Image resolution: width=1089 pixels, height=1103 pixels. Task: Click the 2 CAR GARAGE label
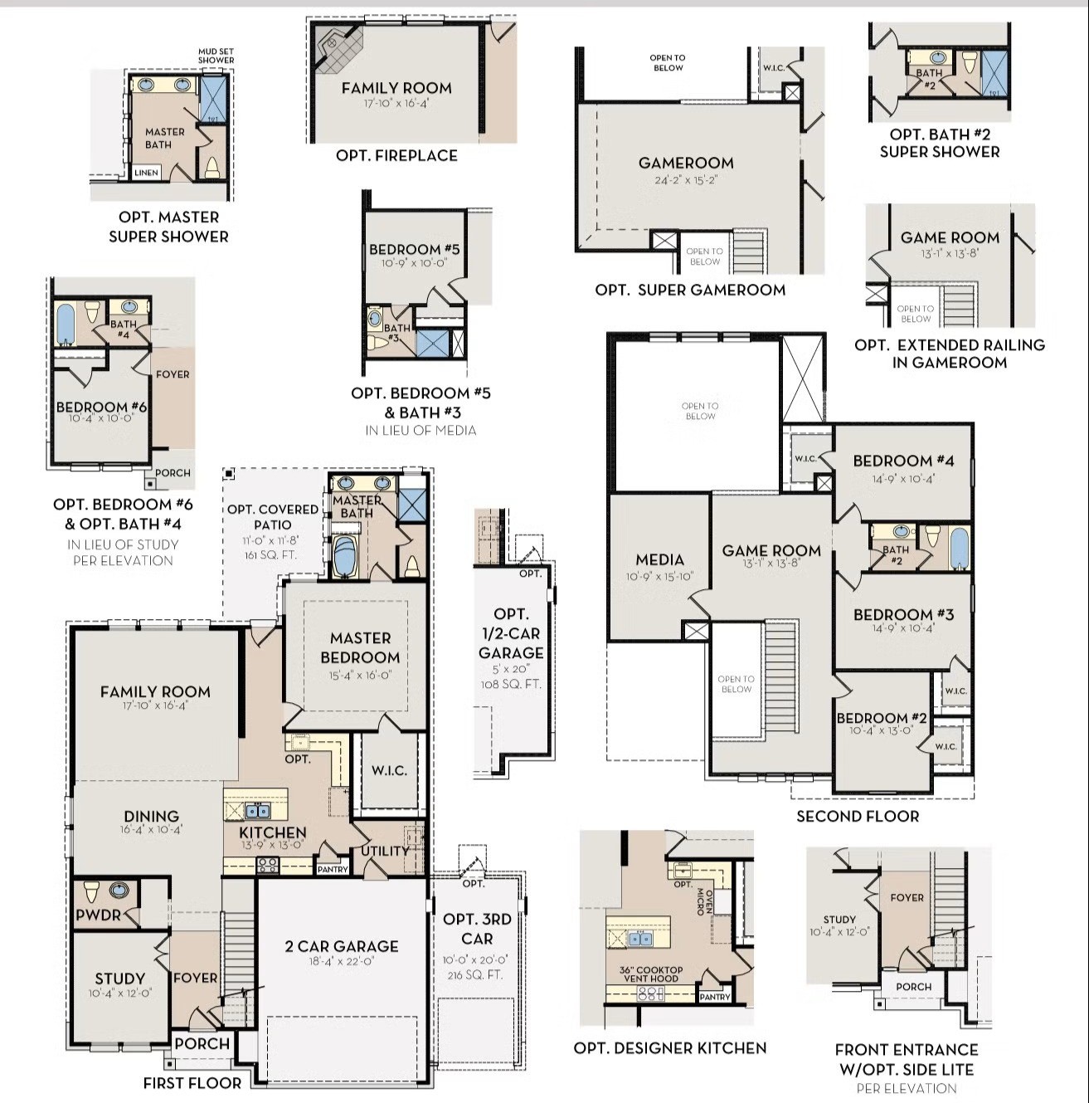click(x=342, y=946)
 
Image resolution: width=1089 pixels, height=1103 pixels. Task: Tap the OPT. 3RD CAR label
click(x=477, y=929)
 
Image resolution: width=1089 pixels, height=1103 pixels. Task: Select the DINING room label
click(x=152, y=817)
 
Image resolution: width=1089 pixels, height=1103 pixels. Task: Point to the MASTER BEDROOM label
click(x=360, y=647)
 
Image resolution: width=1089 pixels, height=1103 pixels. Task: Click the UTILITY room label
click(x=385, y=851)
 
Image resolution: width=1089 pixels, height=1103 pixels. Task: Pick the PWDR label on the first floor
click(x=99, y=915)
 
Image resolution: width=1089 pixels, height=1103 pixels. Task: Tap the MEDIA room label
click(x=659, y=559)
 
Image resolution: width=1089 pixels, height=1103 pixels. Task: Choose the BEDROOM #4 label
click(x=903, y=461)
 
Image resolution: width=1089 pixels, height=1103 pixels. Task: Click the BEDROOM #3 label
click(x=903, y=614)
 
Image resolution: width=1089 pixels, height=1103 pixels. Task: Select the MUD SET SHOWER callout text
click(x=216, y=56)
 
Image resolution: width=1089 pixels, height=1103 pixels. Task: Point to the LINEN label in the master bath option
click(x=146, y=173)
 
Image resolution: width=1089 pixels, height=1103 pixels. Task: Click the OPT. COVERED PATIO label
click(x=273, y=516)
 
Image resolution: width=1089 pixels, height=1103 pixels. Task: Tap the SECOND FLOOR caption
click(x=858, y=816)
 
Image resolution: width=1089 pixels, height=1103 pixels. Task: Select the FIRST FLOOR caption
click(x=192, y=1082)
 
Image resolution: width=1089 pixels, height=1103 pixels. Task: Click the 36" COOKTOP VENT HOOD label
click(x=651, y=974)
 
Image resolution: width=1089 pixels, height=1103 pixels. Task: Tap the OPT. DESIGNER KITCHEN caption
click(x=670, y=1048)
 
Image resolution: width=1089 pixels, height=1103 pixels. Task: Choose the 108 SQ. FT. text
click(x=510, y=685)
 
